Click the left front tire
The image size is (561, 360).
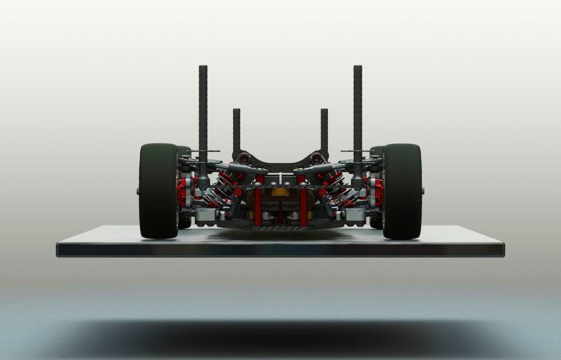[x=158, y=191]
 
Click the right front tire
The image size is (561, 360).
[x=402, y=191]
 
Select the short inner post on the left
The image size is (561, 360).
[x=236, y=130]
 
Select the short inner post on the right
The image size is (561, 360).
[x=324, y=130]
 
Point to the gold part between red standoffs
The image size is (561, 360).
[x=280, y=192]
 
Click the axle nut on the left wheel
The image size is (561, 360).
[x=139, y=191]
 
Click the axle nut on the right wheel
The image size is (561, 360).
[x=422, y=191]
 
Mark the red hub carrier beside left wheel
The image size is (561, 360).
[x=183, y=191]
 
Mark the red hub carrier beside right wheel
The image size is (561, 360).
[x=378, y=191]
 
